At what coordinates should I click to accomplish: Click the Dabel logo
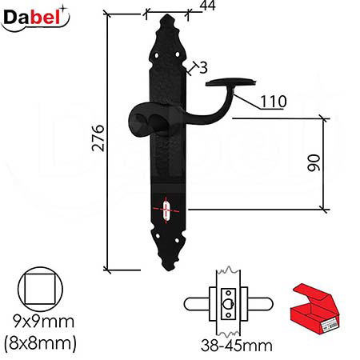click(x=35, y=18)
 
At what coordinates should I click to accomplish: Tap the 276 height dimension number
click(x=98, y=138)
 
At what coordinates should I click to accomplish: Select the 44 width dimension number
click(x=208, y=6)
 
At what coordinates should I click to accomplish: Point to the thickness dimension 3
click(x=203, y=68)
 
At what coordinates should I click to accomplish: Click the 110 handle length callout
click(x=274, y=102)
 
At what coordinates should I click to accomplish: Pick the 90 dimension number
click(x=314, y=162)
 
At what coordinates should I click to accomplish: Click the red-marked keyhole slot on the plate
click(x=166, y=210)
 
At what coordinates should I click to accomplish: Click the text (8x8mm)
click(x=41, y=343)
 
